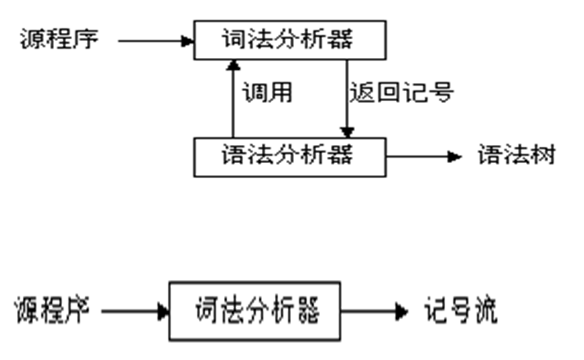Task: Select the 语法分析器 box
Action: pos(290,155)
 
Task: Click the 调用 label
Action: pos(267,93)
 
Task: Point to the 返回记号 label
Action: pos(401,93)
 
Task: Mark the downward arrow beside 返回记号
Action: pos(346,98)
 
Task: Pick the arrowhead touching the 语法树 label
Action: pos(455,156)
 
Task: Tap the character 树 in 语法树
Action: pos(543,155)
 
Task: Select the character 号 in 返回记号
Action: pos(442,93)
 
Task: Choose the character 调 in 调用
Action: pos(254,93)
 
